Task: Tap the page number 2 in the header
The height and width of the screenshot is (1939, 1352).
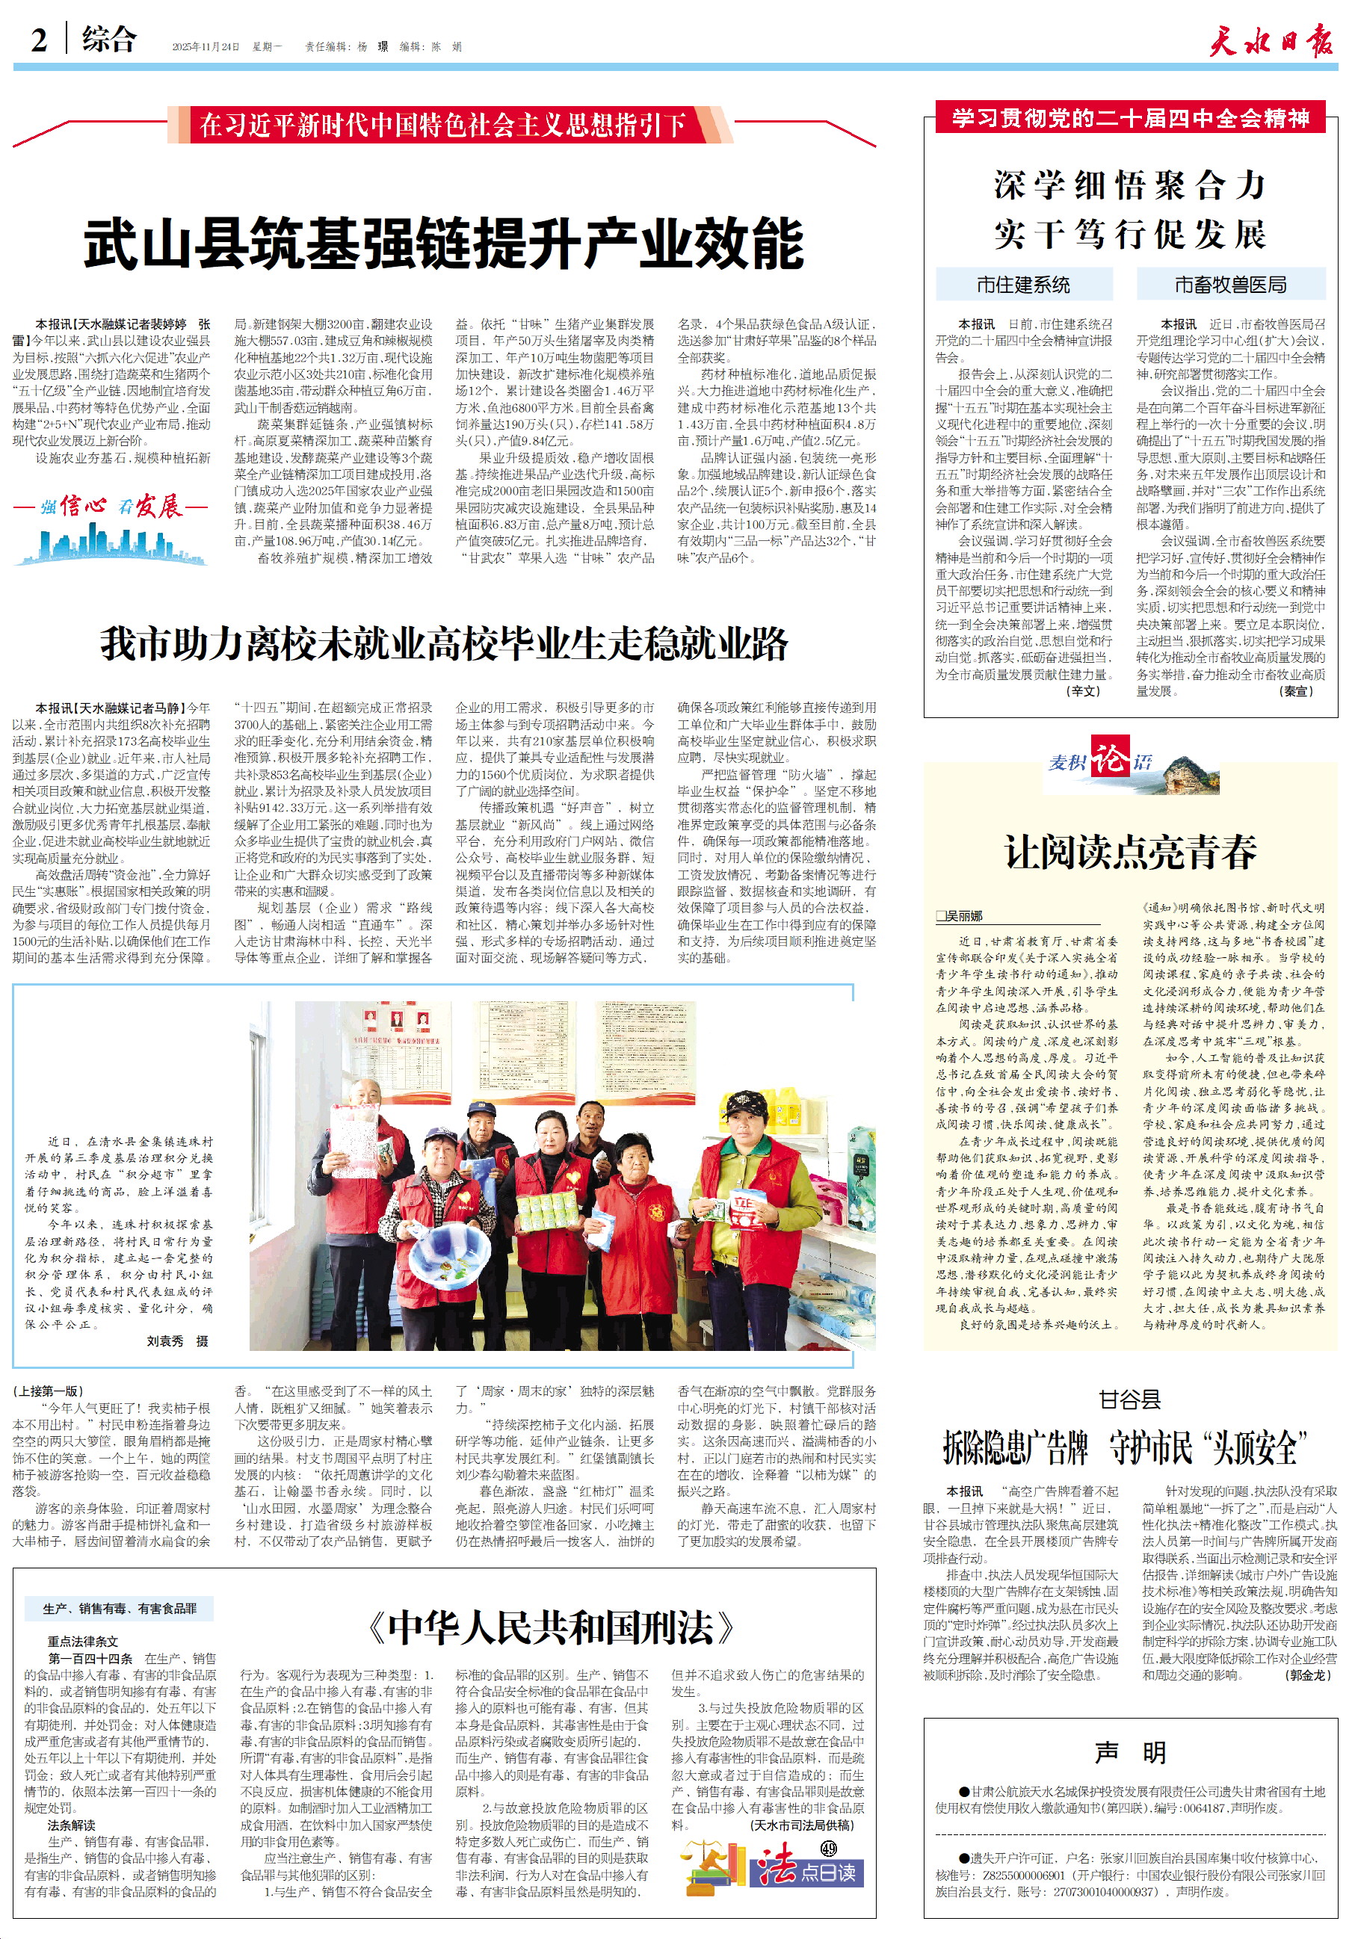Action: click(x=39, y=40)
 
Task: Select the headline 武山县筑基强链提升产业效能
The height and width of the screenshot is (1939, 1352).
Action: click(x=443, y=244)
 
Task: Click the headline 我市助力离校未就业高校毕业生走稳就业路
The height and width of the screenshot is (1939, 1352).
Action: click(x=443, y=643)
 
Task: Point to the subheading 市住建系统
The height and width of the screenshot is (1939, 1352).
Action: click(x=1023, y=285)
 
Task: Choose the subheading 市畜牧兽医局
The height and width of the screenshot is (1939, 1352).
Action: click(x=1230, y=285)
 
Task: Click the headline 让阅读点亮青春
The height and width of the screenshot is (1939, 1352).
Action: click(x=1130, y=852)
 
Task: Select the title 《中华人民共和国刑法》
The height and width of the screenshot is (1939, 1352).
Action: click(x=552, y=1627)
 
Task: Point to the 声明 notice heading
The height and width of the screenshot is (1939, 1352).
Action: click(x=1130, y=1752)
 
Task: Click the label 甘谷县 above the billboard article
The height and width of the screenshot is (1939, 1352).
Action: click(x=1130, y=1400)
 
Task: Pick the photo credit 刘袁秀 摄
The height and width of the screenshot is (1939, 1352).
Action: click(x=177, y=1340)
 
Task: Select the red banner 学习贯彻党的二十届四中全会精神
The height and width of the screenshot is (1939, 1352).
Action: click(x=1130, y=117)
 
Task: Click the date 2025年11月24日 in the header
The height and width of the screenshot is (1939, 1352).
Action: click(x=206, y=46)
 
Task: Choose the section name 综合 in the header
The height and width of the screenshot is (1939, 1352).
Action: click(x=108, y=40)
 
